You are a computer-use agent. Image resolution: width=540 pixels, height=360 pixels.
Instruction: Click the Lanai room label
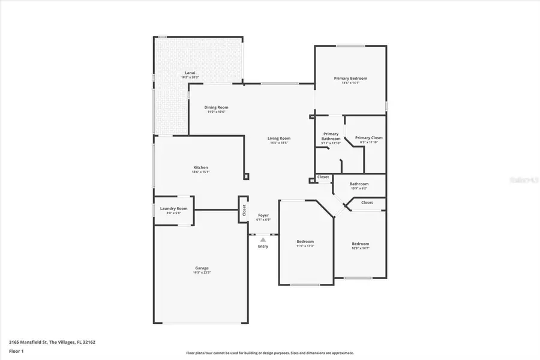coord(189,73)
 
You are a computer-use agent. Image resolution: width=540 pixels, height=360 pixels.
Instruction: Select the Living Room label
coord(279,139)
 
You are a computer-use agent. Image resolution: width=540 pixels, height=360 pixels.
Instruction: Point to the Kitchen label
coord(200,167)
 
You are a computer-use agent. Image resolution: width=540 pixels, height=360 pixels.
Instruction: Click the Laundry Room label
coord(173,209)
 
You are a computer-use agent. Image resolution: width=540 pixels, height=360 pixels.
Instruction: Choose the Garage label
coord(202,268)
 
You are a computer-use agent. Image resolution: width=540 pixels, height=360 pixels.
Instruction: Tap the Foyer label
coord(263,215)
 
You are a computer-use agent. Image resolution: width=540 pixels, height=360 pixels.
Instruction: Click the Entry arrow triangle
coord(263,239)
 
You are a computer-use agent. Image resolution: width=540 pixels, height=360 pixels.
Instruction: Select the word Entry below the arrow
coord(263,247)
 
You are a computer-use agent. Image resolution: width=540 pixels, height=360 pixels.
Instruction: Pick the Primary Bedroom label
coord(350,79)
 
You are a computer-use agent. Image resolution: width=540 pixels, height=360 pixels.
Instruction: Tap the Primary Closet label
coord(368,138)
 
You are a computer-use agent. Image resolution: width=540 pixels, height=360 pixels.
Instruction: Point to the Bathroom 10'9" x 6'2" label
coord(359,184)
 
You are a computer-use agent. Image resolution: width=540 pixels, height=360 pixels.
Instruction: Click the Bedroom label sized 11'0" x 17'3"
coord(305,242)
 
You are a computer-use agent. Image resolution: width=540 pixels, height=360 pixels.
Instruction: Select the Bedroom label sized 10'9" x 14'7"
coord(360,244)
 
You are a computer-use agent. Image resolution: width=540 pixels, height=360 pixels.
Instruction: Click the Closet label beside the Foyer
coord(244,210)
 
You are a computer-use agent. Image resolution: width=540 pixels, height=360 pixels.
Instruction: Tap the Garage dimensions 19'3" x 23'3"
coord(202,272)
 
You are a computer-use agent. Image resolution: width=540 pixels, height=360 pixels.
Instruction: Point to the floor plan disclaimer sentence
coord(270,353)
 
